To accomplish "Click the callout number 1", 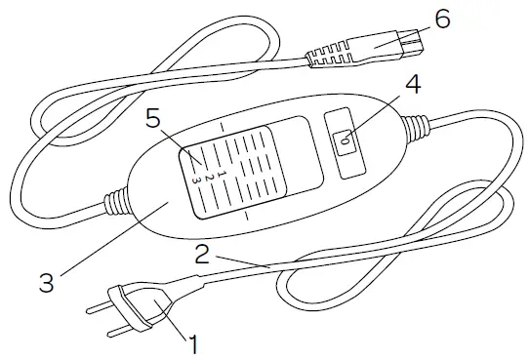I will tap(192, 342).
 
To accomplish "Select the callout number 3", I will tap(46, 284).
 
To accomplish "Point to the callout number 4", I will tap(413, 85).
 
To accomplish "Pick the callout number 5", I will tap(152, 121).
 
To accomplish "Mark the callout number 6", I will tap(442, 20).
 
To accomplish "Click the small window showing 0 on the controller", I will tap(345, 141).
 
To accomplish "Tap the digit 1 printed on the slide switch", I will tap(221, 172).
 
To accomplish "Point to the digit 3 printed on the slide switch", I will tap(195, 180).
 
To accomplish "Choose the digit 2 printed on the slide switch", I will tap(208, 176).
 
